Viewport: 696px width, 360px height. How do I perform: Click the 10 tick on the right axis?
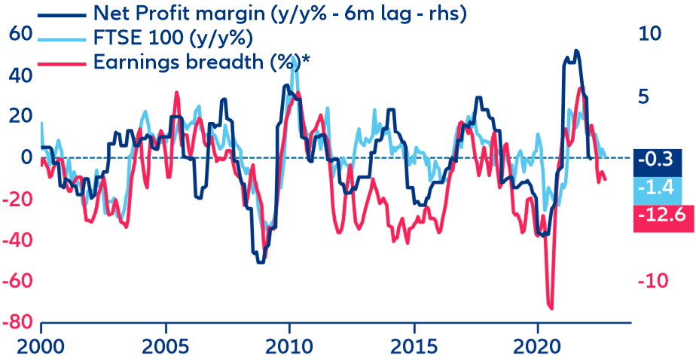click(x=652, y=34)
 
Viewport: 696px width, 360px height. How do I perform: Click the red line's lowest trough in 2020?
click(x=551, y=308)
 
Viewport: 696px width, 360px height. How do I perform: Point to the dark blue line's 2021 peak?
click(x=576, y=51)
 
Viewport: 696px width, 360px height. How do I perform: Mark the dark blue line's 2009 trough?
click(x=261, y=262)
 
